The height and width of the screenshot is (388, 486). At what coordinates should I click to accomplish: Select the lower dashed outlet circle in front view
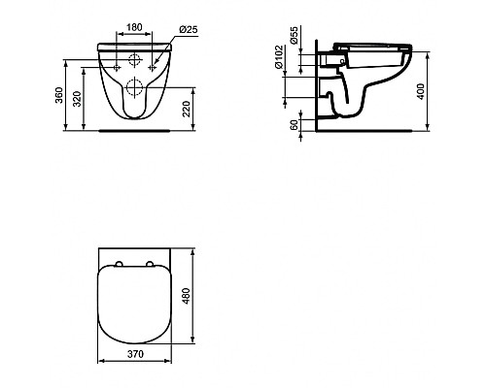click(134, 89)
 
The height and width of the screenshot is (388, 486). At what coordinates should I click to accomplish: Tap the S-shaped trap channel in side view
click(335, 97)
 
